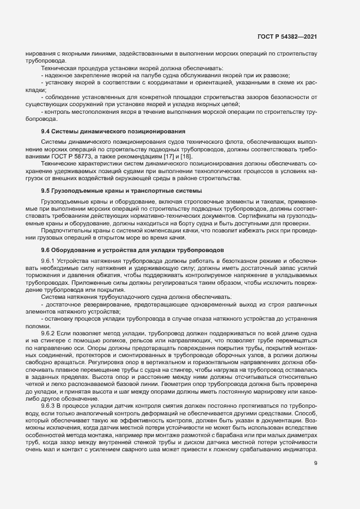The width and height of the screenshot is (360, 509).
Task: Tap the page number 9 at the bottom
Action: pyautogui.click(x=316, y=463)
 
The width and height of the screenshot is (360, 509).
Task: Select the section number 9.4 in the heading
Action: pyautogui.click(x=46, y=132)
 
